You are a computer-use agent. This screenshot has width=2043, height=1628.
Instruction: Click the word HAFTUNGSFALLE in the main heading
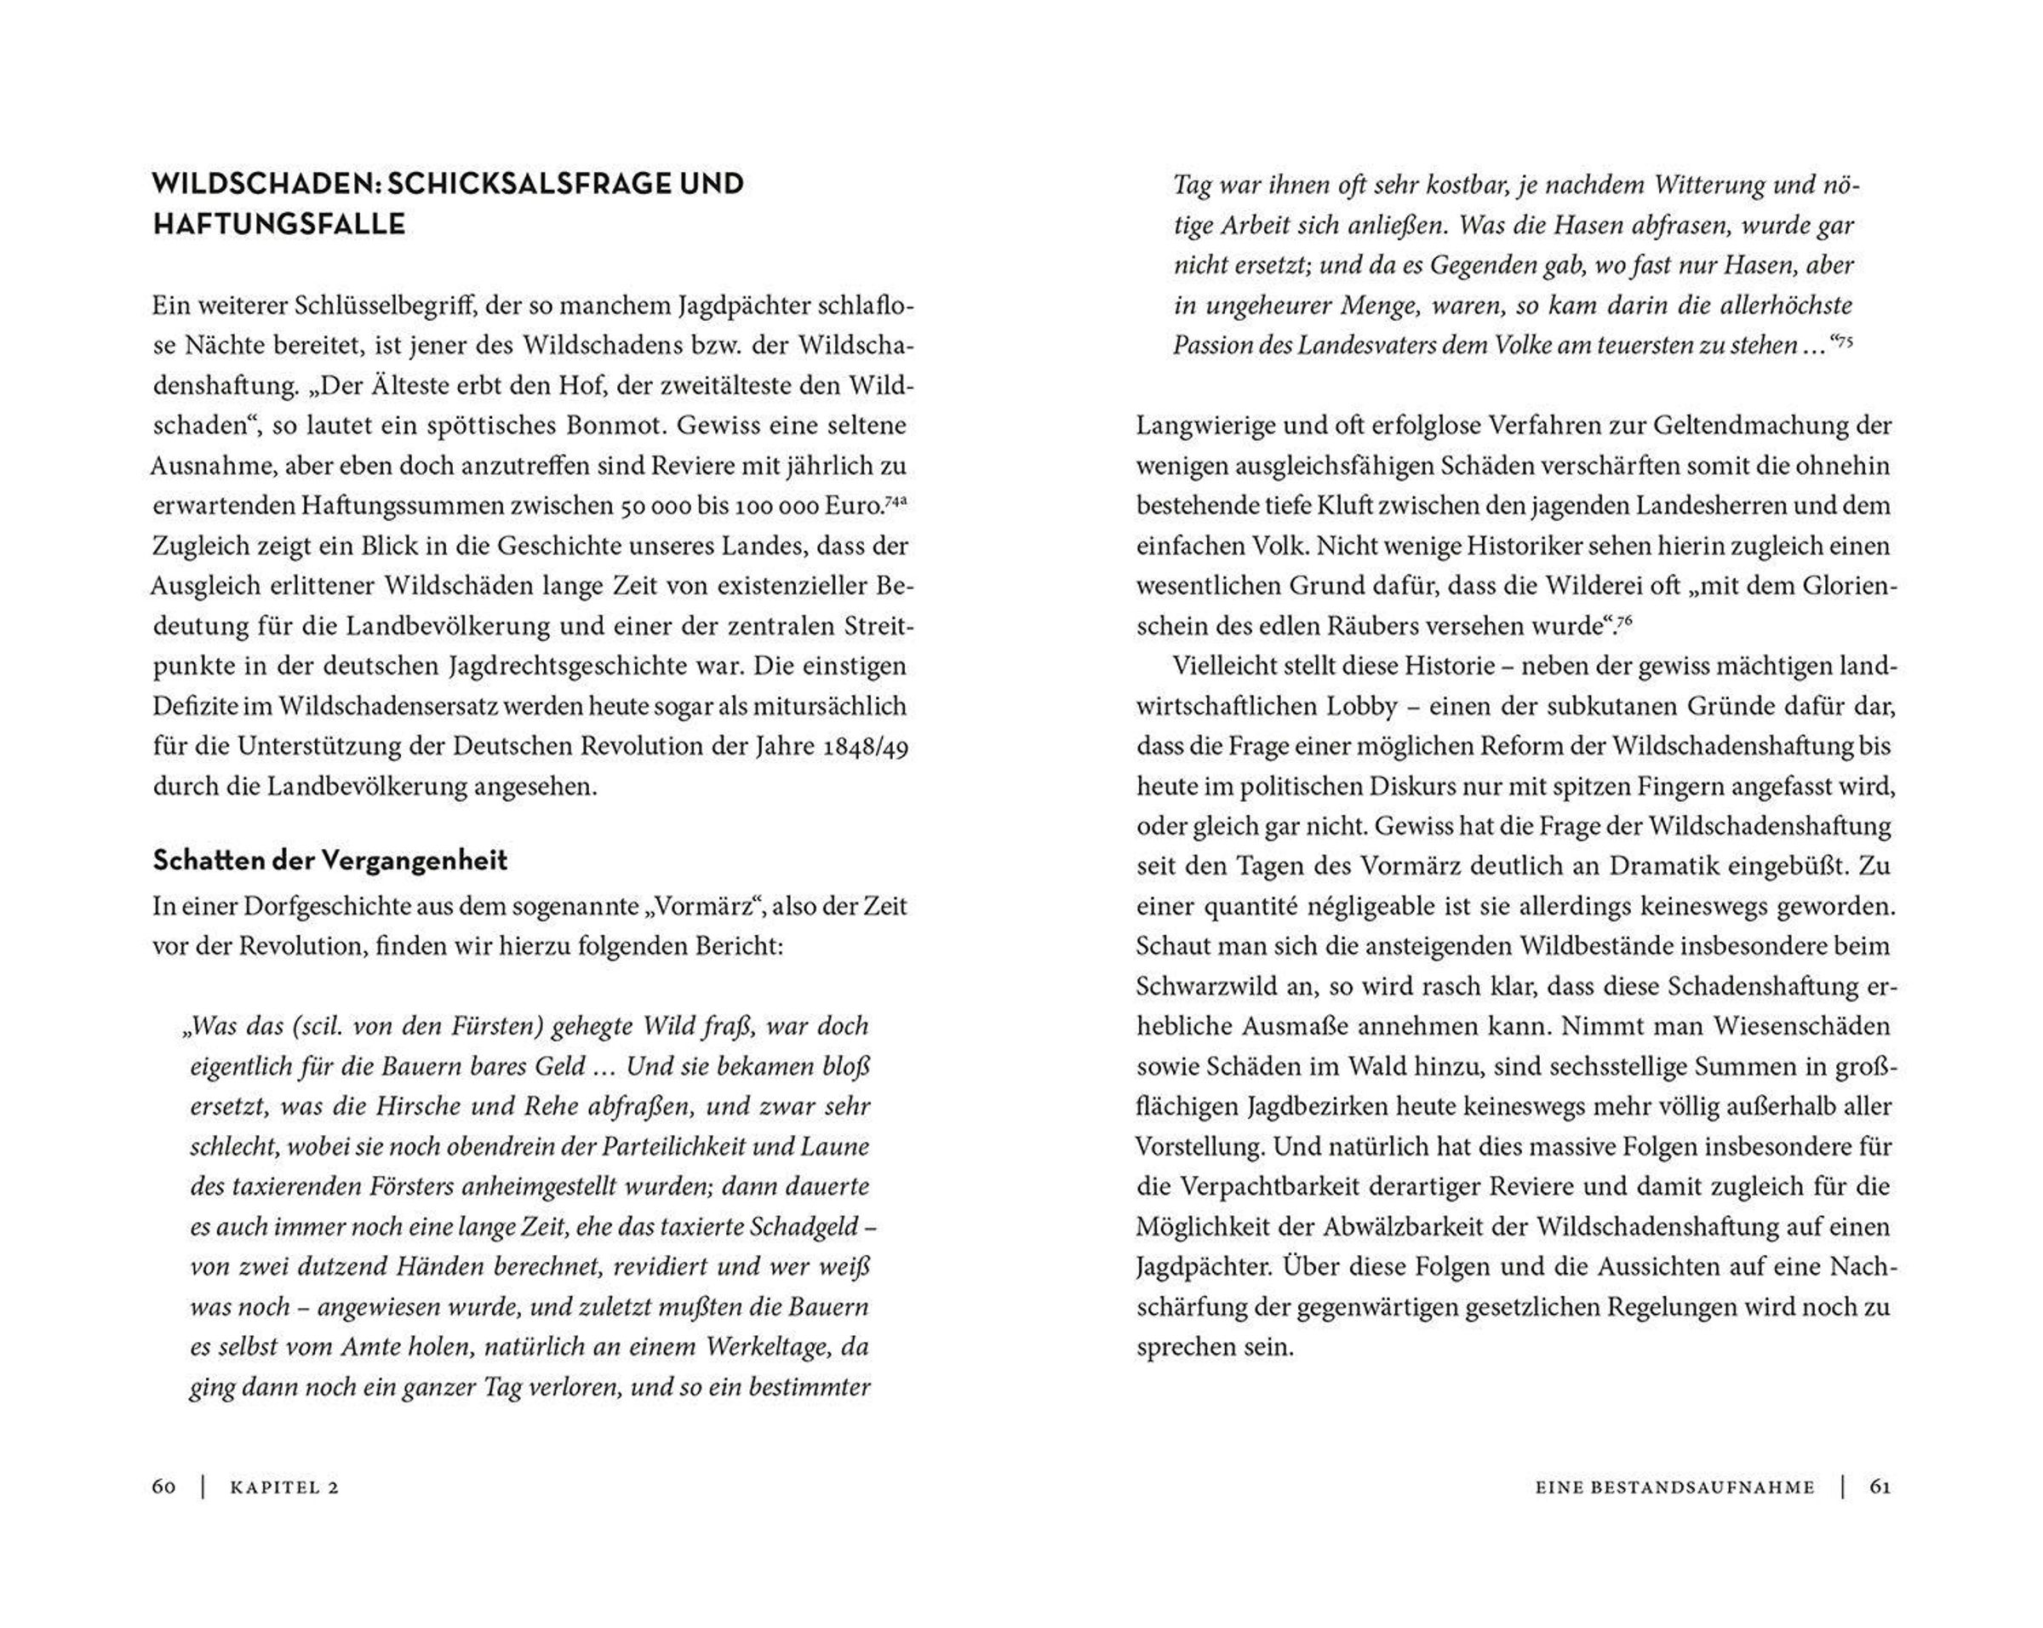point(278,225)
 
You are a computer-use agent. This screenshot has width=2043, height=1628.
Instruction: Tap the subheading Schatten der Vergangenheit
point(329,861)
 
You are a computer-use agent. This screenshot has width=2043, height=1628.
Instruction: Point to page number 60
point(164,1487)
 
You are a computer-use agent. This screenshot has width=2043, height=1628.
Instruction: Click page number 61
point(1880,1487)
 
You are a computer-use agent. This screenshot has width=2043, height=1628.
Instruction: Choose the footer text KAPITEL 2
point(284,1488)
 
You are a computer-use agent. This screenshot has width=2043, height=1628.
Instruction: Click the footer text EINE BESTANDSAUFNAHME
point(1674,1488)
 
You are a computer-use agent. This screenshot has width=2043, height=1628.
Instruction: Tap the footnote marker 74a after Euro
point(896,501)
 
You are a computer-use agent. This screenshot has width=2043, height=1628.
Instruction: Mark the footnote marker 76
point(1624,621)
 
